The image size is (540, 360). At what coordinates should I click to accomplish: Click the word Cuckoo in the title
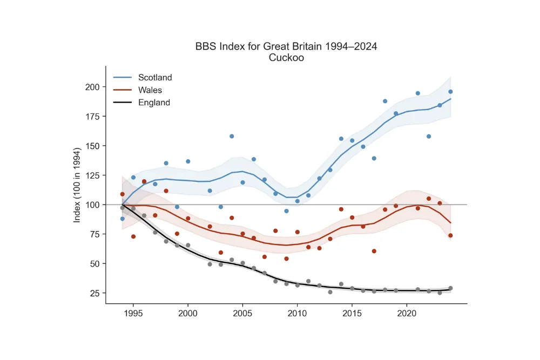(286, 58)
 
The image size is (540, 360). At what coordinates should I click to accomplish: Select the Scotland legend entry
(155, 78)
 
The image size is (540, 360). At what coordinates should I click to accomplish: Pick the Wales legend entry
(150, 90)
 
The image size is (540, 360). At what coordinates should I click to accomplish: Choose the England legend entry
(154, 103)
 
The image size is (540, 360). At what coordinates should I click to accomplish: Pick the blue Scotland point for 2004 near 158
(232, 136)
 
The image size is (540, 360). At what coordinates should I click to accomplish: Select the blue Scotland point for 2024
(450, 92)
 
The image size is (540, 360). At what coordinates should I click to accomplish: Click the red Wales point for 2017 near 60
(374, 251)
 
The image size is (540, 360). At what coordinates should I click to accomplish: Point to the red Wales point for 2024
(450, 235)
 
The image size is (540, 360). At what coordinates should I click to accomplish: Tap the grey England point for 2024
(450, 288)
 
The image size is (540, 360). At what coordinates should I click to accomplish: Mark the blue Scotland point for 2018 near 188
(385, 101)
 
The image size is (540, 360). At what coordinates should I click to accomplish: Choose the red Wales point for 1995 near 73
(133, 236)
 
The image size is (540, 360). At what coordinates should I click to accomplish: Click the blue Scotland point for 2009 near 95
(286, 211)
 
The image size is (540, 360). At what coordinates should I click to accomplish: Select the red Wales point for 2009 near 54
(286, 259)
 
